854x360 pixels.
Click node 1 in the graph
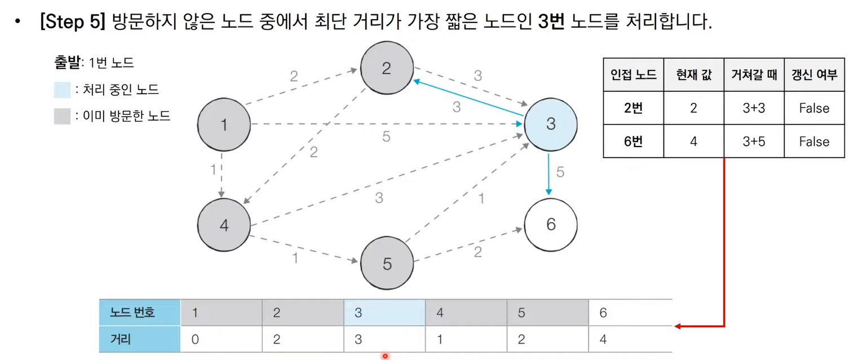click(x=224, y=125)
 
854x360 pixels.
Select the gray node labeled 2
click(x=386, y=68)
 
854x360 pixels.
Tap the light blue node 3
click(x=550, y=125)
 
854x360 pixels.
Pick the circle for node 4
click(x=224, y=225)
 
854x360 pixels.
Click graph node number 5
click(x=386, y=264)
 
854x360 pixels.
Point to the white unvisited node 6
click(x=550, y=224)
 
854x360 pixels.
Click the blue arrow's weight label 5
click(x=560, y=172)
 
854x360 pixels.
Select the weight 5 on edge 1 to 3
click(x=386, y=136)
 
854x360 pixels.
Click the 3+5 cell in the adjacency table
click(x=754, y=141)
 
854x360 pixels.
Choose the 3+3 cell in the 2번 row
click(x=754, y=108)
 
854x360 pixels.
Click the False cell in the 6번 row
click(x=814, y=141)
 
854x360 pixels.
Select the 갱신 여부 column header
click(x=814, y=75)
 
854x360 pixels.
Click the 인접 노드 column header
click(x=633, y=75)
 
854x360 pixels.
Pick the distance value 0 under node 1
click(x=195, y=340)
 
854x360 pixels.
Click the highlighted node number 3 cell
click(x=384, y=312)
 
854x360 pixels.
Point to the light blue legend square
click(x=62, y=90)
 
